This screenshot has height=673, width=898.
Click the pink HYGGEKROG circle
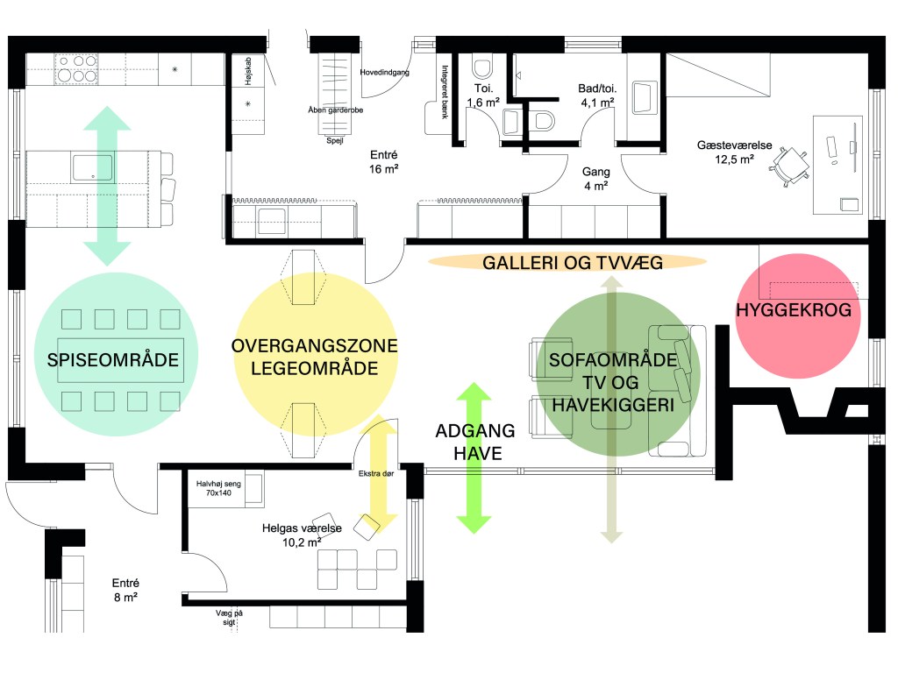pos(797,315)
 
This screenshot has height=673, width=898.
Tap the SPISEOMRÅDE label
pos(113,360)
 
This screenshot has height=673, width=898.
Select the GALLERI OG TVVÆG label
pos(573,263)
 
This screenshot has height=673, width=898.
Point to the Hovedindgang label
pos(384,73)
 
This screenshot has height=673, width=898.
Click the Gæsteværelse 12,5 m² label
pos(734,152)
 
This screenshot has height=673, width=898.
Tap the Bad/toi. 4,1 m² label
pos(597,96)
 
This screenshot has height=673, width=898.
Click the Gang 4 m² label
pos(595,179)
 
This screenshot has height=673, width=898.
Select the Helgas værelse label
pos(302,528)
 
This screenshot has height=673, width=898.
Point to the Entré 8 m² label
pos(125,590)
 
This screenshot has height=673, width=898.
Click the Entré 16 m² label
pos(384,162)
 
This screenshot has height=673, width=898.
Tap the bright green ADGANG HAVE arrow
pos(474,457)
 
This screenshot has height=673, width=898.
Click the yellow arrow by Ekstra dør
pos(380,473)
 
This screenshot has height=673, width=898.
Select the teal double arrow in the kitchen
pos(107,186)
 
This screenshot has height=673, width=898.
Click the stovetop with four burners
pos(77,68)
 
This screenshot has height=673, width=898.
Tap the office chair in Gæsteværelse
pos(792,165)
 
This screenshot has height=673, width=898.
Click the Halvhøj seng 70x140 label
pos(218,488)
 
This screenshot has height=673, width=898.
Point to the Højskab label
pos(248,72)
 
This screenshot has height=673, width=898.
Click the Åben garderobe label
pos(336,110)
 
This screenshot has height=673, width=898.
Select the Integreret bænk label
pos(445,91)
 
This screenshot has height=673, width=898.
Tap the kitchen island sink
pos(92,167)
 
